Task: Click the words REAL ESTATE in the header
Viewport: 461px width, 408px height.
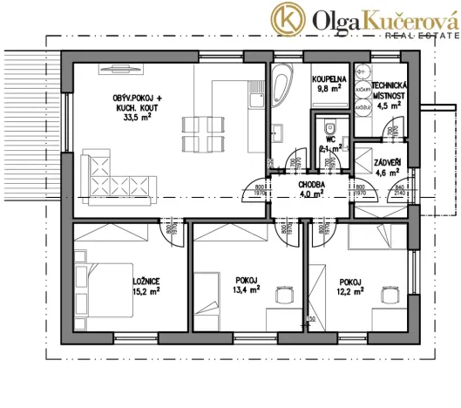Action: (x=422, y=35)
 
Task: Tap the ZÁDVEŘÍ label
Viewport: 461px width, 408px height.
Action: (x=387, y=162)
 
